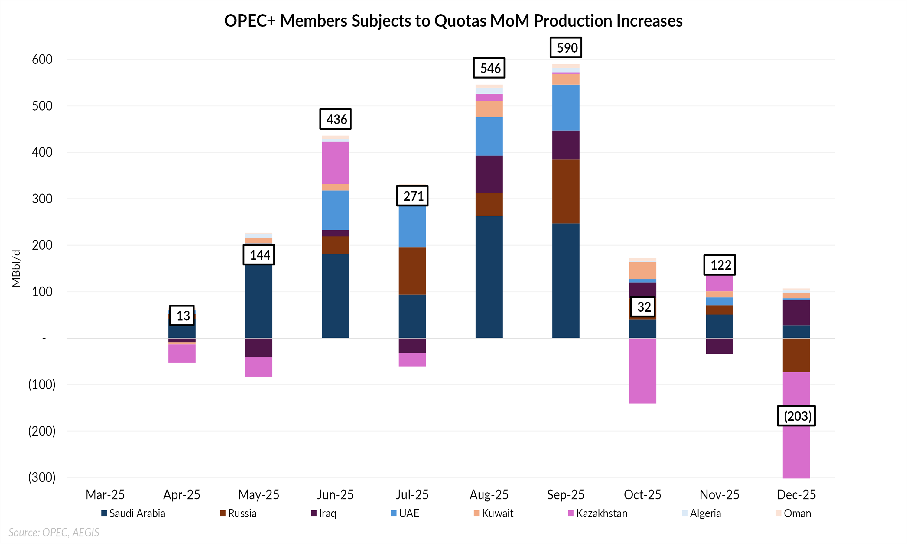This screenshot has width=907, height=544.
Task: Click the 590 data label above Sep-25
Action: (566, 48)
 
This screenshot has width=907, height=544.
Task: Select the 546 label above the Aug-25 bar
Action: (489, 68)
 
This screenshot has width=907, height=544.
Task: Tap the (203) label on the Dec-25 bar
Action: (796, 416)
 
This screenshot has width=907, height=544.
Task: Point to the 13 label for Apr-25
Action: (182, 316)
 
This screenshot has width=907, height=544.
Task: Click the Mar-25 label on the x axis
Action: (105, 495)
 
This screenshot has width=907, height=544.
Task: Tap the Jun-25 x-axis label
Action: (336, 495)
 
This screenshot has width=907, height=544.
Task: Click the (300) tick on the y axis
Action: (42, 477)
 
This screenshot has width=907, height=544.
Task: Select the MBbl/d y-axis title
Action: (16, 268)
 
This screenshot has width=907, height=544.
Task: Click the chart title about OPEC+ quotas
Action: (453, 21)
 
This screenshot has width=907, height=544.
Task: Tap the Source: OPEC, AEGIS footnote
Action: (54, 532)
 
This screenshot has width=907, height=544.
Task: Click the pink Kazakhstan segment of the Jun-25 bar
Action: (336, 163)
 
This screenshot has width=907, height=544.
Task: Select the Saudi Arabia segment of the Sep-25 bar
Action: (566, 280)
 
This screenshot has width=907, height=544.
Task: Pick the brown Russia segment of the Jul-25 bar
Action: (412, 271)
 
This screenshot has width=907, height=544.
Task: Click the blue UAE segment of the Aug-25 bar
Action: (489, 136)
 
